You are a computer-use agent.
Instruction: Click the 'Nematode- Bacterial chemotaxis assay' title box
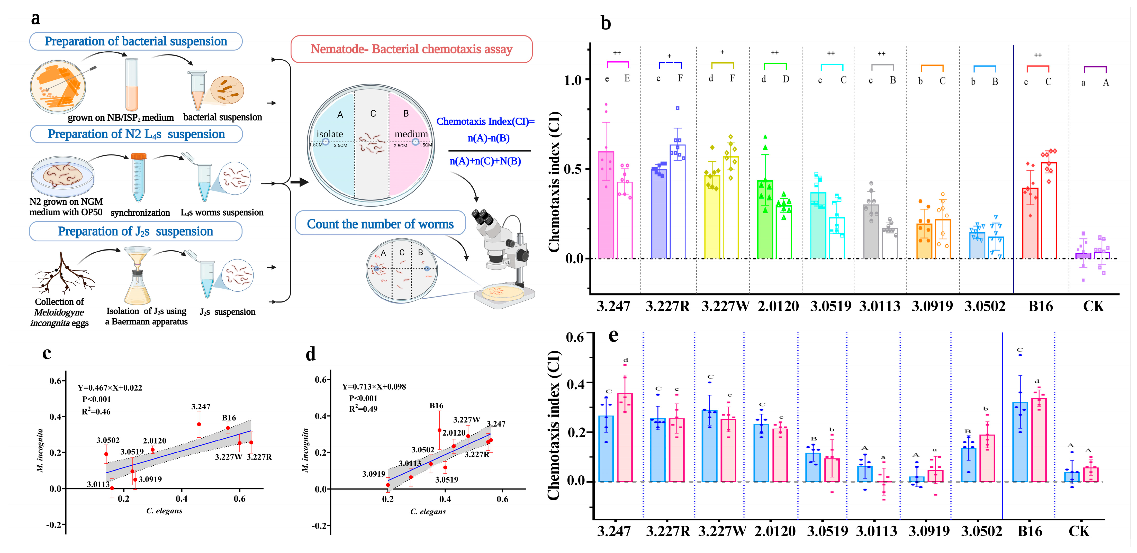tap(411, 49)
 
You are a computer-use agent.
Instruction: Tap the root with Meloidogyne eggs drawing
tap(62, 273)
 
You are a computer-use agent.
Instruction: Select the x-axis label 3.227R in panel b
tap(667, 306)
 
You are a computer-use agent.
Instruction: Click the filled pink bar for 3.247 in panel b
tap(606, 205)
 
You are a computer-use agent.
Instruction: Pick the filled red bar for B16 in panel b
tap(1030, 223)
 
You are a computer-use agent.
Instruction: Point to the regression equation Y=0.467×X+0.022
tap(110, 388)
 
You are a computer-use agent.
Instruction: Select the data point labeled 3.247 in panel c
tap(199, 424)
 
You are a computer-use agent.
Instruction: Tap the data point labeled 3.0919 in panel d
tap(388, 485)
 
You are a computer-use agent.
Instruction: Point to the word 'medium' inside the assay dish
tap(411, 134)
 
